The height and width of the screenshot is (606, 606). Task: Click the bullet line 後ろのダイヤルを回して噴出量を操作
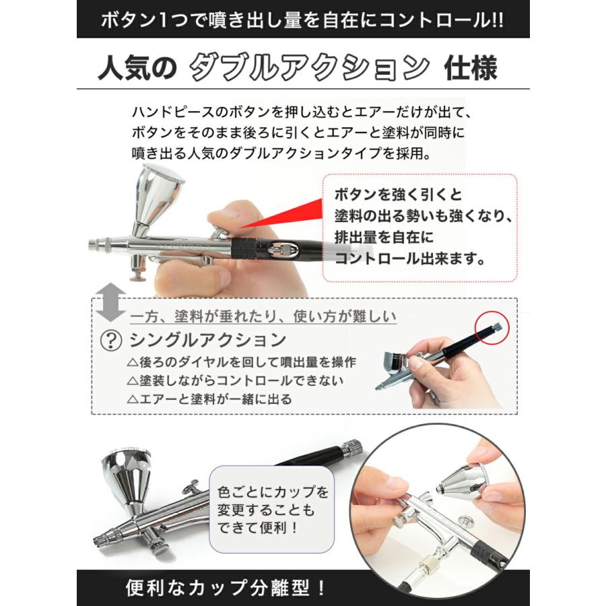tap(242, 362)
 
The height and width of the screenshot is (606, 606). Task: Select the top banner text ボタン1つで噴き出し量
tap(302, 18)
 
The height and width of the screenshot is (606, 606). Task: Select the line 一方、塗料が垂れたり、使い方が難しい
tap(263, 316)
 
